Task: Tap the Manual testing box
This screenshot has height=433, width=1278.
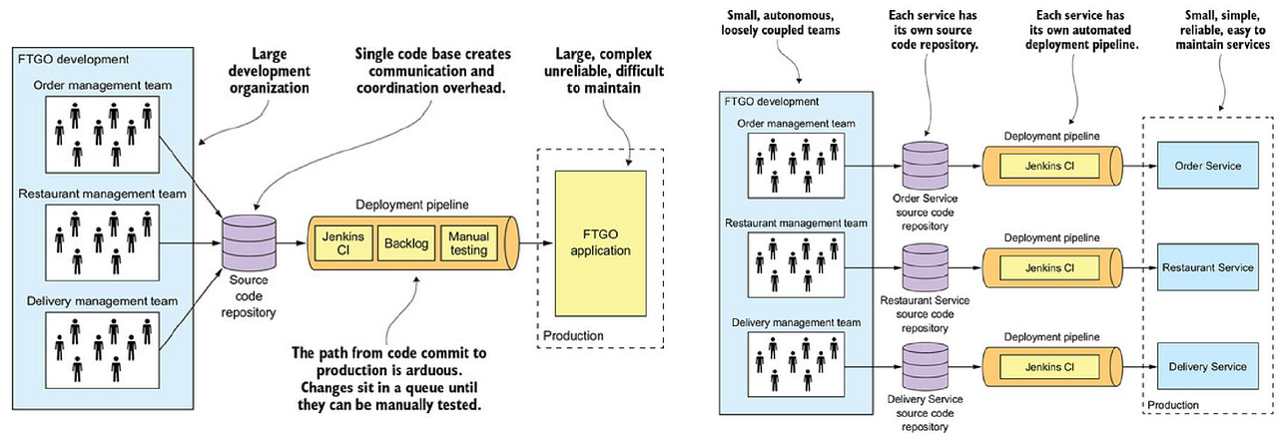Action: pyautogui.click(x=467, y=242)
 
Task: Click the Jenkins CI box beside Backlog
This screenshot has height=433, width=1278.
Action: pyautogui.click(x=341, y=242)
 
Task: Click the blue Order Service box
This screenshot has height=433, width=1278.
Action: pyautogui.click(x=1208, y=165)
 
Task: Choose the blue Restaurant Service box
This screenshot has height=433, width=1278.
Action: pyautogui.click(x=1208, y=267)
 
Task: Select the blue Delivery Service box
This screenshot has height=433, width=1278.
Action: pyautogui.click(x=1208, y=367)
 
